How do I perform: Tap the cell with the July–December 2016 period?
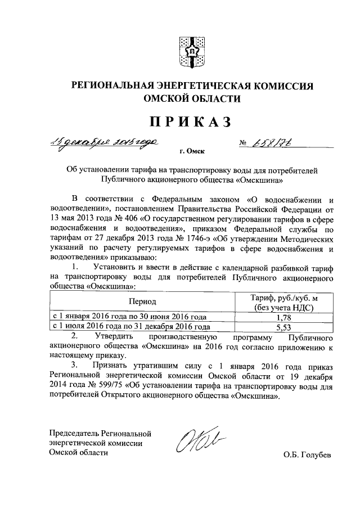click(132, 326)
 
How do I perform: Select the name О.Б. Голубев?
click(308, 455)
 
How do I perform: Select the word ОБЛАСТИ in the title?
click(214, 100)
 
